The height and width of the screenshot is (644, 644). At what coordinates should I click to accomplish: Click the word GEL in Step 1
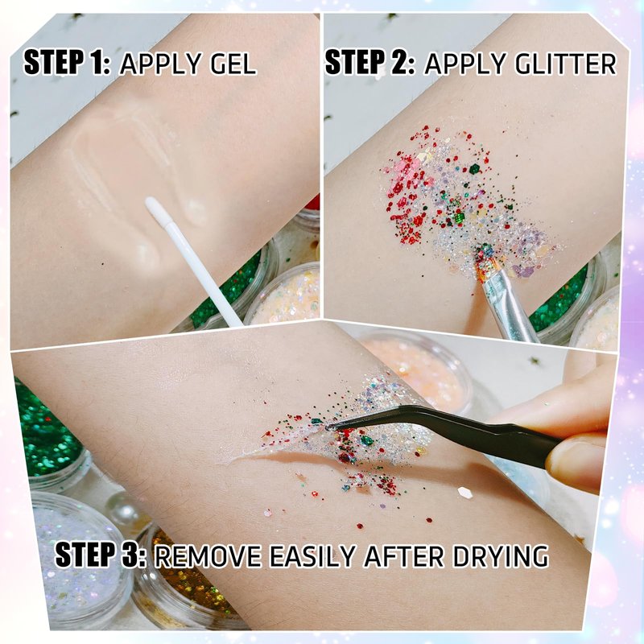coord(233,64)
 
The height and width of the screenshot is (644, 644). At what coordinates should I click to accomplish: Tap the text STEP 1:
coord(67,62)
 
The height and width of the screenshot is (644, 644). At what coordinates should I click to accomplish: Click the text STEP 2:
coord(369,62)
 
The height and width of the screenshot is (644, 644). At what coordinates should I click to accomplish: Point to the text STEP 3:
coord(101,555)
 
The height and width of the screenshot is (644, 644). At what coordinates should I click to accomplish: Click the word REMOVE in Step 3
coord(208,556)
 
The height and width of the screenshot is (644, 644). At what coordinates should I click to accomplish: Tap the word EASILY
coord(312,556)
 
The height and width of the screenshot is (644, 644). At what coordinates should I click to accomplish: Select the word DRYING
coord(501,556)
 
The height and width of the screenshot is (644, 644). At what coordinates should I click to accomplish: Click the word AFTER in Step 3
coord(404,556)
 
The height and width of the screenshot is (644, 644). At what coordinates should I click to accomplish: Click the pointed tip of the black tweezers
coord(328,427)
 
